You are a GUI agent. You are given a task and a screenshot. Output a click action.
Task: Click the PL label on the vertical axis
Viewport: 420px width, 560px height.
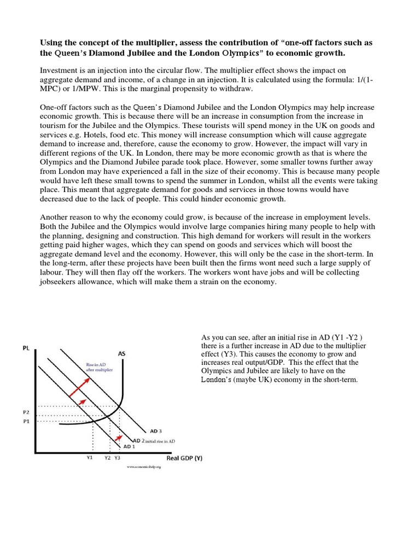[26, 347]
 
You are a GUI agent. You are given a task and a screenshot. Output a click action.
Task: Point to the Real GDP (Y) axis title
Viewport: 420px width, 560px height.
[184, 458]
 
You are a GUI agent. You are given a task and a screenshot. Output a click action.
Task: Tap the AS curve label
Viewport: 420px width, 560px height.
[121, 354]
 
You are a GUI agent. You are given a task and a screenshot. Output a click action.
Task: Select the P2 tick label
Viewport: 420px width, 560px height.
[27, 412]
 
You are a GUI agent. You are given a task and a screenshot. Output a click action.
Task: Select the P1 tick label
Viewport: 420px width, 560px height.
[27, 422]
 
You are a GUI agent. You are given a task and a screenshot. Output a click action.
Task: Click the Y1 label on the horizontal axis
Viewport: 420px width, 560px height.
[90, 458]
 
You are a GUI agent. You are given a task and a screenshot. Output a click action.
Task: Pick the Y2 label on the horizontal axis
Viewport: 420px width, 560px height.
[108, 458]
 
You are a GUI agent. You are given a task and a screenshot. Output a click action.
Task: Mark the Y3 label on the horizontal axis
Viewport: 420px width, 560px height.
[117, 458]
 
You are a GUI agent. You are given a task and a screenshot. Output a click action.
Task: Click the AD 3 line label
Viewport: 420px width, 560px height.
[156, 431]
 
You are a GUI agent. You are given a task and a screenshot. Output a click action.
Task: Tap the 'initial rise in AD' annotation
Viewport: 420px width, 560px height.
[161, 440]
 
